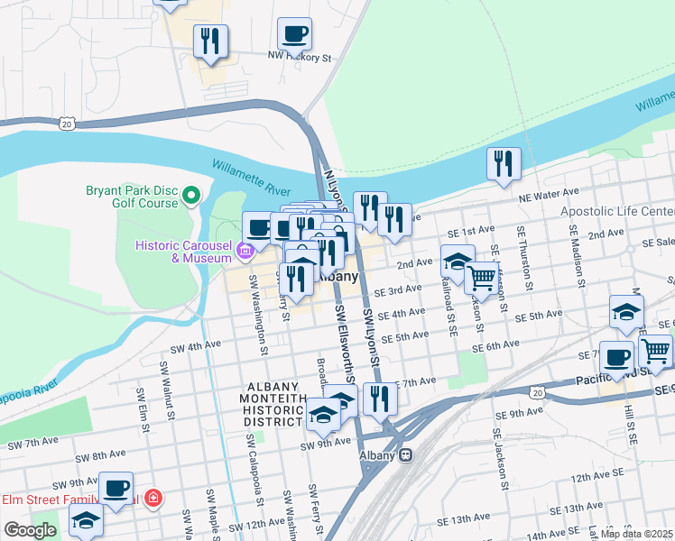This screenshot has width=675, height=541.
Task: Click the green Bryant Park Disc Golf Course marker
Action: [x=191, y=195]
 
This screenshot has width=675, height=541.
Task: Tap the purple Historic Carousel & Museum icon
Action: [x=245, y=250]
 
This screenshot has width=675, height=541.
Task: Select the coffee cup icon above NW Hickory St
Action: [x=294, y=36]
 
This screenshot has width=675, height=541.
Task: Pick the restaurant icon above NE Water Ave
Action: [x=503, y=163]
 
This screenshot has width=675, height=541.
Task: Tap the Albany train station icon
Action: [x=406, y=455]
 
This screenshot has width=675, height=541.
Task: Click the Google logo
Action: [x=30, y=530]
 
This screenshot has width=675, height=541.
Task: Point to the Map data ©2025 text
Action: [x=635, y=534]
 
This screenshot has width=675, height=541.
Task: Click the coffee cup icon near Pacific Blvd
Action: [x=616, y=357]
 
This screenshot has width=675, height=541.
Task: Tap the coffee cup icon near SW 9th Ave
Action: [x=116, y=488]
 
